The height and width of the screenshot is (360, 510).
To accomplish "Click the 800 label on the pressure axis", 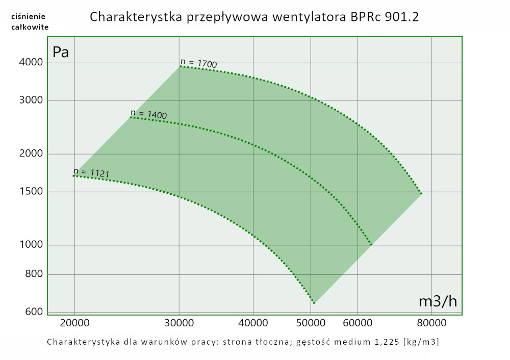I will point(35,275).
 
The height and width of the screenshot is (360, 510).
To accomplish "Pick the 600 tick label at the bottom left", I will point(35,312).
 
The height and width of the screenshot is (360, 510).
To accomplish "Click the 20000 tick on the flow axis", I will point(74,323).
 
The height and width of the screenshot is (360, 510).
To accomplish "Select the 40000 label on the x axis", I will point(253,323).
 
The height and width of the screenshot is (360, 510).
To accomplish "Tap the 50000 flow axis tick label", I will point(311,323).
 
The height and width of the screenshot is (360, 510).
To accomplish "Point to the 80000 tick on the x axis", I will point(432,323).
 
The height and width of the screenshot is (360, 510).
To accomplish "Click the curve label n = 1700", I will point(198,63).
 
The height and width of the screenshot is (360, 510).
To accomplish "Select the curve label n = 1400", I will point(148,114).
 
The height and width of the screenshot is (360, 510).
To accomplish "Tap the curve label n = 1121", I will point(91,172).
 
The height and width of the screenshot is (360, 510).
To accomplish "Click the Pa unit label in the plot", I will point(61,52).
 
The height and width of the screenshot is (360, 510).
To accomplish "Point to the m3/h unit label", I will point(438,302).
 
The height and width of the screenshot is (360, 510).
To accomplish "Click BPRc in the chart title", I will point(364,17).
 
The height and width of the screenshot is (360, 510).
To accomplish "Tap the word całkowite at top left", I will point(30,27).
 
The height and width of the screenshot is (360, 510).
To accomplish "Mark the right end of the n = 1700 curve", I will point(422,194).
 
